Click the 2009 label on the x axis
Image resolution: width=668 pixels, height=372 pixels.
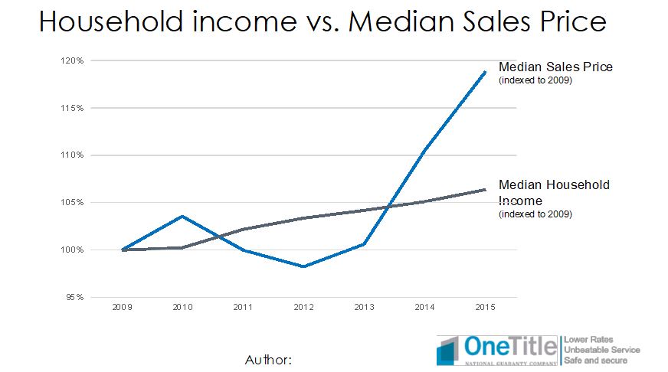122,307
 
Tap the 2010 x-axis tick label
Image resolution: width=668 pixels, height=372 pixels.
182,307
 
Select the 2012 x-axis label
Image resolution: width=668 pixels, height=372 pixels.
304,307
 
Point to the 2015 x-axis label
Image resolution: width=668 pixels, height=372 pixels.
485,307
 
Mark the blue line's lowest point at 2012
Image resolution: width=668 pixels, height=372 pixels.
304,266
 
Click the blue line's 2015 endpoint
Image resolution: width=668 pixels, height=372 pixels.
486,72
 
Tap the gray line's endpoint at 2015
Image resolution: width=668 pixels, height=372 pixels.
486,190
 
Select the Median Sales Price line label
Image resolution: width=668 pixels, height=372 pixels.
555,67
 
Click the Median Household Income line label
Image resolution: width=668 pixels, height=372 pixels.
554,192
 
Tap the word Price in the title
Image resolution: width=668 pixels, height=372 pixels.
572,21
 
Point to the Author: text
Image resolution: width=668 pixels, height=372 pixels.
268,358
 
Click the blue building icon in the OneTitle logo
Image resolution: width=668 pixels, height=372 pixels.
450,351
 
